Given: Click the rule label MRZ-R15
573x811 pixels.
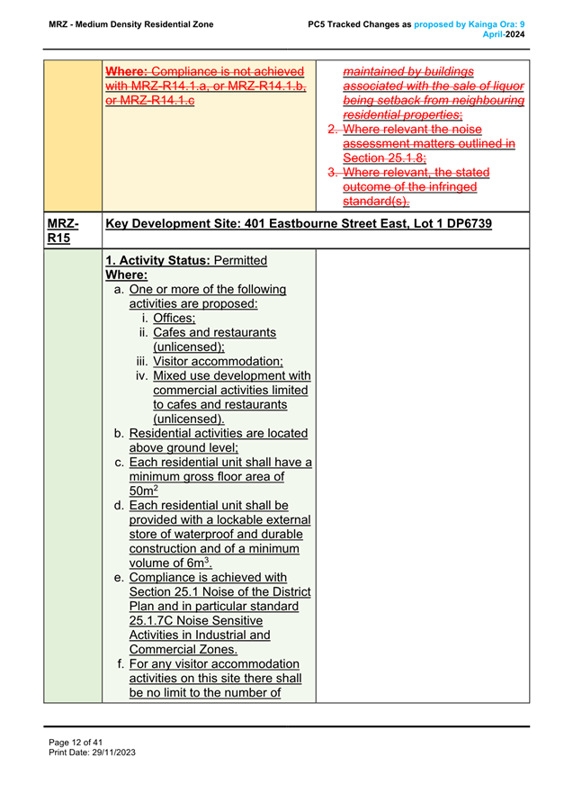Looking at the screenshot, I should click(60, 230).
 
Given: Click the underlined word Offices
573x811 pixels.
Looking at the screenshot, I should click(174, 318).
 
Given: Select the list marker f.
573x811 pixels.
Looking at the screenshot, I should click(121, 663).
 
